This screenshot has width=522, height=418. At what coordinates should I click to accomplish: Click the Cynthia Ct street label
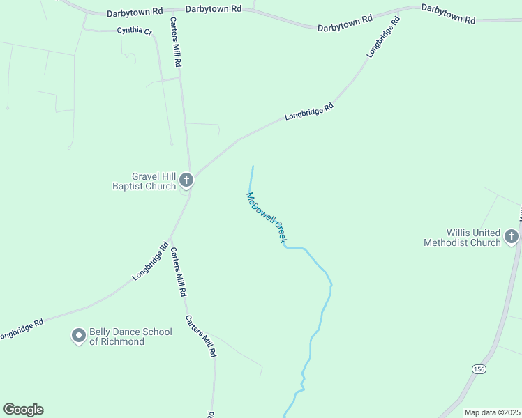134,31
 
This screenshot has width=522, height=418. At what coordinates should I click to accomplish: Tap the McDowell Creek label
266,217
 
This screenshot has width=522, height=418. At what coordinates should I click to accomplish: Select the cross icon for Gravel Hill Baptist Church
186,180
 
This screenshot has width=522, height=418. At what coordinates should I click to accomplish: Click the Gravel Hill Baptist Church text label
144,181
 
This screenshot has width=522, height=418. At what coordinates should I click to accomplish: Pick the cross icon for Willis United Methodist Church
511,237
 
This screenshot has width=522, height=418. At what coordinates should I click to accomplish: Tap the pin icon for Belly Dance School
79,336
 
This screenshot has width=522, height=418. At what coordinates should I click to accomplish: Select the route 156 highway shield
478,368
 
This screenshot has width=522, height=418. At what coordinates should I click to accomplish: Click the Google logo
23,410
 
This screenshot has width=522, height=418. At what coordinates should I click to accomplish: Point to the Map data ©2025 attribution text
492,412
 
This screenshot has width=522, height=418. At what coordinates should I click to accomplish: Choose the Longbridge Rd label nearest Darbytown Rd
383,37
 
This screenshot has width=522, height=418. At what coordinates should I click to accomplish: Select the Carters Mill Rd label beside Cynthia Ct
174,42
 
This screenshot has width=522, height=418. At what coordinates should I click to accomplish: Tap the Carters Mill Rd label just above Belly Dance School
178,272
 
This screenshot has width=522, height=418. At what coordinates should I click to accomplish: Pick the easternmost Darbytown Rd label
448,15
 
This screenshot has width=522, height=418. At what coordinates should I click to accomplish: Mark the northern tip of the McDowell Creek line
253,166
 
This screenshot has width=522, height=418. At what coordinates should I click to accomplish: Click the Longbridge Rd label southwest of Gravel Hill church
151,261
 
